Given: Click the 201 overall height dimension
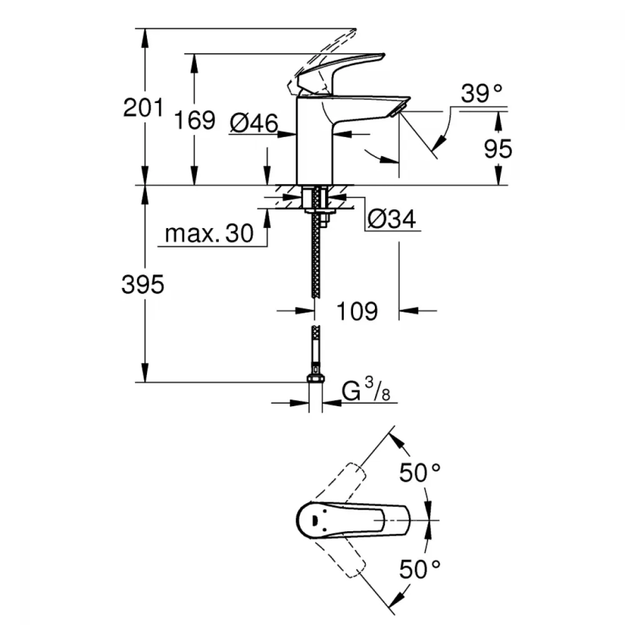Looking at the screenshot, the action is pyautogui.click(x=144, y=107).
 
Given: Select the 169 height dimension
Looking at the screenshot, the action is pyautogui.click(x=194, y=120).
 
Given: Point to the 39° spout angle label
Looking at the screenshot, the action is pyautogui.click(x=481, y=94).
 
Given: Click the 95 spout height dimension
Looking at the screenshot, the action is pyautogui.click(x=498, y=149).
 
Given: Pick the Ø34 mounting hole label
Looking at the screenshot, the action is pyautogui.click(x=391, y=219).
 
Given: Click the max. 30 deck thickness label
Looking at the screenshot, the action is pyautogui.click(x=209, y=233).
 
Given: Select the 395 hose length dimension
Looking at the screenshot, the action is pyautogui.click(x=142, y=284).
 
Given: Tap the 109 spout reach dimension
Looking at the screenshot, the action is pyautogui.click(x=357, y=311).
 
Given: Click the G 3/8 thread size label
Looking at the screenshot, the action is pyautogui.click(x=366, y=390).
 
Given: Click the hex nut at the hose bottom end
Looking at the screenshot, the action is pyautogui.click(x=315, y=379).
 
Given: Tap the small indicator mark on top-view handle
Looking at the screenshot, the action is pyautogui.click(x=314, y=521).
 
